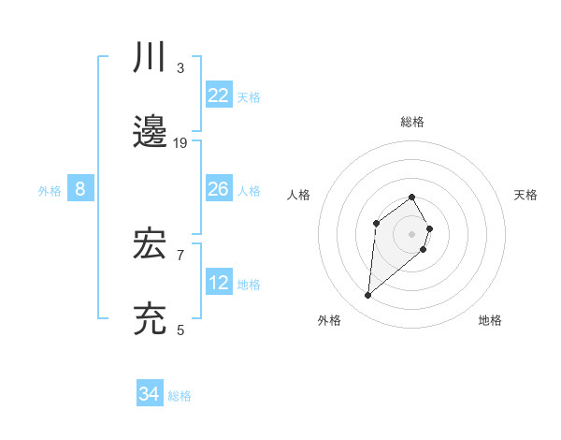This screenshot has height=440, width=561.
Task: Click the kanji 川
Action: (x=151, y=58)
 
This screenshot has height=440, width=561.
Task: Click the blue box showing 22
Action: (x=219, y=95)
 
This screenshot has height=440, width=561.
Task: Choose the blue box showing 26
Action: (x=219, y=189)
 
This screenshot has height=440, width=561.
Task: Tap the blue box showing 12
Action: (x=219, y=283)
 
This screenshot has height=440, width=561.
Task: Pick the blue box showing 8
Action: (x=80, y=189)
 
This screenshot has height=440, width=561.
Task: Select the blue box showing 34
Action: (x=150, y=394)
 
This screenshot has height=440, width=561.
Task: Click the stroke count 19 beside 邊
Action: (x=180, y=142)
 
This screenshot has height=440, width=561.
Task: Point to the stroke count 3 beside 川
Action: (x=180, y=67)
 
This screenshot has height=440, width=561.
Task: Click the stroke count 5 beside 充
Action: (x=180, y=330)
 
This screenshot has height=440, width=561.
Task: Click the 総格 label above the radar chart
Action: (x=411, y=122)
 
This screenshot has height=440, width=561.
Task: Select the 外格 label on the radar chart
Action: (x=329, y=320)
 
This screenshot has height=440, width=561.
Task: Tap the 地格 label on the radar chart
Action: (x=490, y=320)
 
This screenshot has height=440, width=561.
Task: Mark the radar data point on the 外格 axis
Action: (x=368, y=296)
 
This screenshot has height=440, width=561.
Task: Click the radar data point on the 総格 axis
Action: (x=411, y=197)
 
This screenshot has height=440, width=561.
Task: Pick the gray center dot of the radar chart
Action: (x=411, y=233)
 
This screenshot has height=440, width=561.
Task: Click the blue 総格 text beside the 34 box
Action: (x=180, y=396)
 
